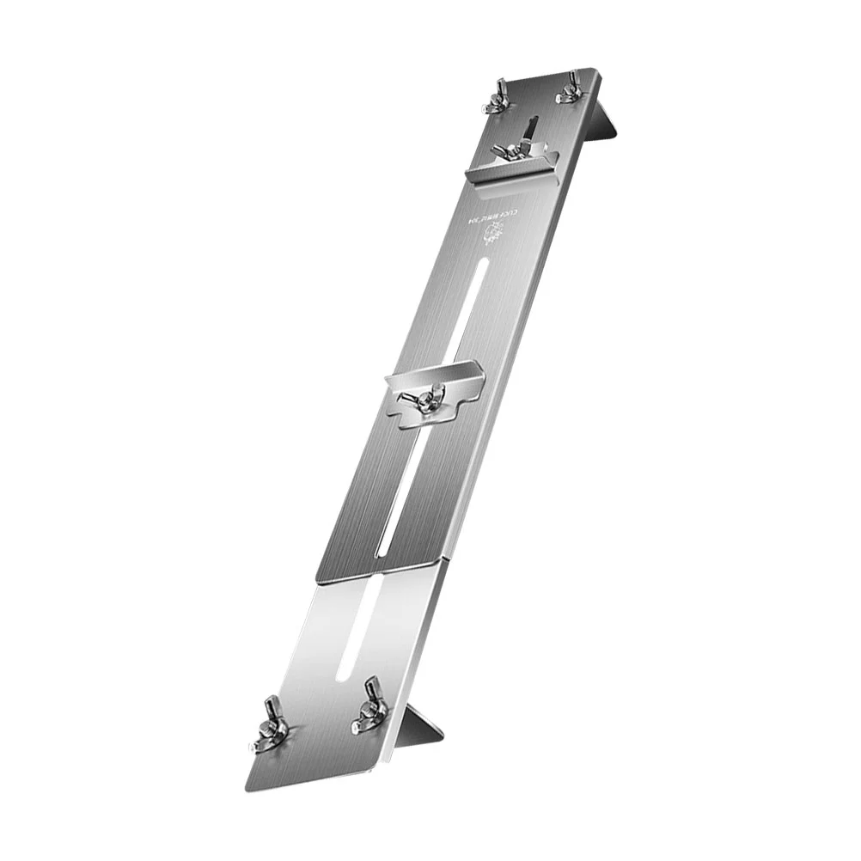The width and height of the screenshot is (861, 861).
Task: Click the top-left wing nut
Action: pos(496,98)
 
